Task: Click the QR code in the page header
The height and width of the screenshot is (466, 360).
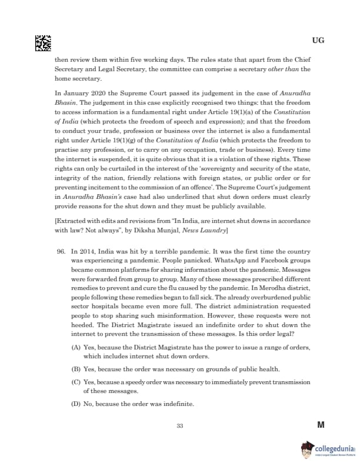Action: (43, 43)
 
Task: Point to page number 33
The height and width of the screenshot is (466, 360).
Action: (180, 426)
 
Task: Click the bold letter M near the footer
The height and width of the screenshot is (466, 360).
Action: (321, 425)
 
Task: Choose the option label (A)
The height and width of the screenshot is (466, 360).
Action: (76, 348)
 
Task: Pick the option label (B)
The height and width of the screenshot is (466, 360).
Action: (76, 369)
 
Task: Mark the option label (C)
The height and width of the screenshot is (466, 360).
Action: (76, 382)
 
